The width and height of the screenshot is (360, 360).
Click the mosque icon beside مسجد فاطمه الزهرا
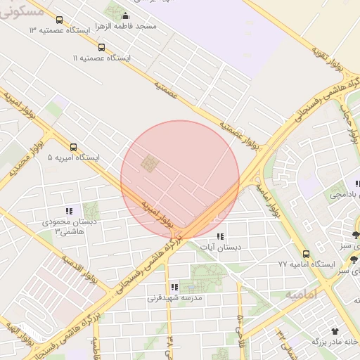click(x=126, y=16)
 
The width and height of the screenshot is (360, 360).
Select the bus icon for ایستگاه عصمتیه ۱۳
click(x=58, y=21)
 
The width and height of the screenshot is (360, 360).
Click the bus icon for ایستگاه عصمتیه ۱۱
click(x=102, y=48)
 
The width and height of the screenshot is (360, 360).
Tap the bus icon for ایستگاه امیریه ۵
click(x=74, y=148)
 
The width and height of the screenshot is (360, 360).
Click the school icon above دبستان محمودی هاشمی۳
click(x=69, y=211)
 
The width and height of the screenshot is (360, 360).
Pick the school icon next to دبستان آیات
click(x=220, y=237)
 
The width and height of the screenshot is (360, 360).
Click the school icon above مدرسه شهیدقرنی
click(x=174, y=287)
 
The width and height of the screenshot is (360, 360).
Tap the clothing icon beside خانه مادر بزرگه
click(x=335, y=330)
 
